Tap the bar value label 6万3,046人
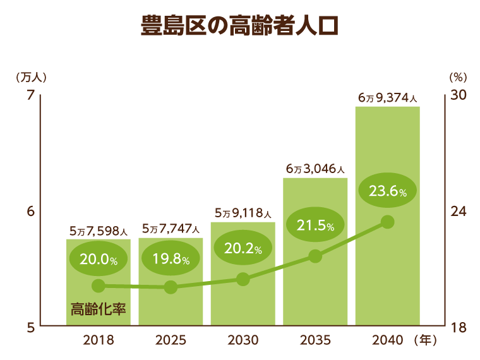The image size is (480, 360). point(315,169)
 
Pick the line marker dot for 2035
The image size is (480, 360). point(316,256)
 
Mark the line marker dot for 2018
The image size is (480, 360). point(99,286)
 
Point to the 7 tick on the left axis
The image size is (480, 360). point(29,95)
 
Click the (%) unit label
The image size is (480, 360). point(457,77)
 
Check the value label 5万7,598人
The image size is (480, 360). point(99,231)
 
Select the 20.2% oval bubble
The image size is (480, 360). point(243,248)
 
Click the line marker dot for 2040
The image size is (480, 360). point(388,222)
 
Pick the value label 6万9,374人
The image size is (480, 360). point(387,98)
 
